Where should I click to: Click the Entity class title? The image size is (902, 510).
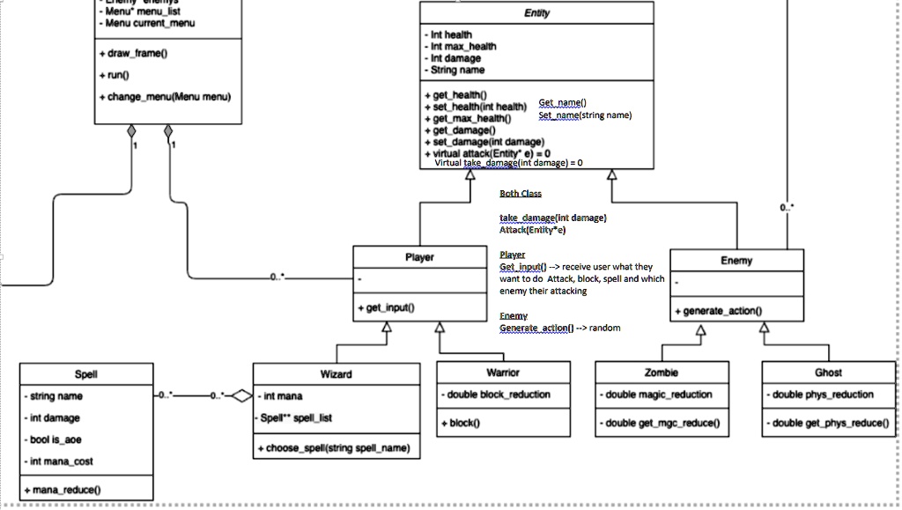coord(536,13)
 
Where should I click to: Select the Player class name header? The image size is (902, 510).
coord(419,257)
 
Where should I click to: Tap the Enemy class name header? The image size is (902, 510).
coord(736,260)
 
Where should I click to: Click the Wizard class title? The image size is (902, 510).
coord(336,373)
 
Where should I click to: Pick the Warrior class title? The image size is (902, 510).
coord(503,373)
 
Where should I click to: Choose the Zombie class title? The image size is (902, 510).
coord(662,373)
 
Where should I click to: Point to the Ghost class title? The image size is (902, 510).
coord(828,373)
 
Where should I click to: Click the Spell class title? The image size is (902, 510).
coord(86,373)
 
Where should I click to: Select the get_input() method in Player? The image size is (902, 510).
coord(390,307)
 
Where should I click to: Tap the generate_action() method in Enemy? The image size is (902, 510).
coord(723,310)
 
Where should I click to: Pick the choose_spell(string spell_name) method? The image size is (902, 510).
coord(336,447)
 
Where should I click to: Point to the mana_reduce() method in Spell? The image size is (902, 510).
coord(64,489)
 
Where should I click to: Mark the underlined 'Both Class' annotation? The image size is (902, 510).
coord(521,194)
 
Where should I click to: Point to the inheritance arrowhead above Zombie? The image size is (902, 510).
coord(700,331)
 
